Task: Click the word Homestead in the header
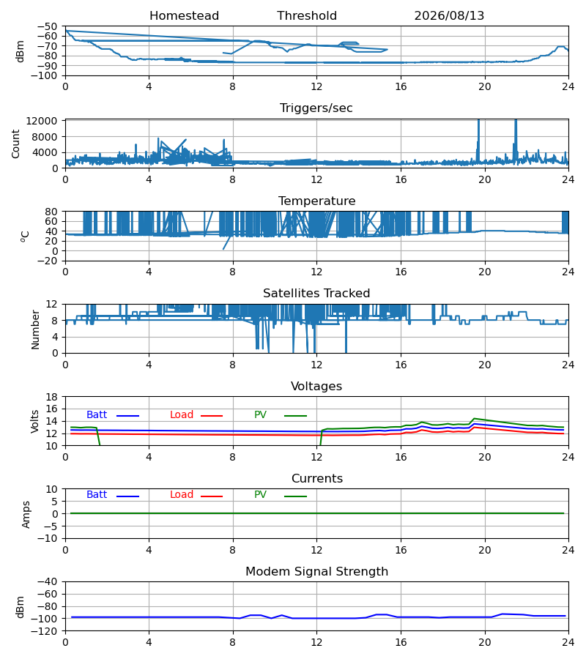tap(184, 16)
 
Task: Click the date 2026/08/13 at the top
tap(449, 16)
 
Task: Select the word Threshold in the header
tap(307, 16)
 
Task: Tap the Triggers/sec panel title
tap(316, 108)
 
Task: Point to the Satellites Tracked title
tap(316, 294)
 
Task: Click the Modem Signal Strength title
tap(316, 572)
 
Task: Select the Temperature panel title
tap(316, 201)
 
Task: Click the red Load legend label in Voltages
tap(182, 415)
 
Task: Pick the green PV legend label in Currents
tap(260, 495)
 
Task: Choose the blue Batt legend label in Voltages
tap(97, 415)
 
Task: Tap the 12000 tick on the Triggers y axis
tap(41, 121)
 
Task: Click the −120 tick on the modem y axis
tap(47, 631)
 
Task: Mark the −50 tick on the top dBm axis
tap(47, 26)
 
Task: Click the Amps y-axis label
tap(26, 514)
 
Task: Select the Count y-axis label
tap(15, 144)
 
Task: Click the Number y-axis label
tap(35, 329)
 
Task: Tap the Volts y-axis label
tap(35, 422)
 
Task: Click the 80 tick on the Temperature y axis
tap(51, 212)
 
